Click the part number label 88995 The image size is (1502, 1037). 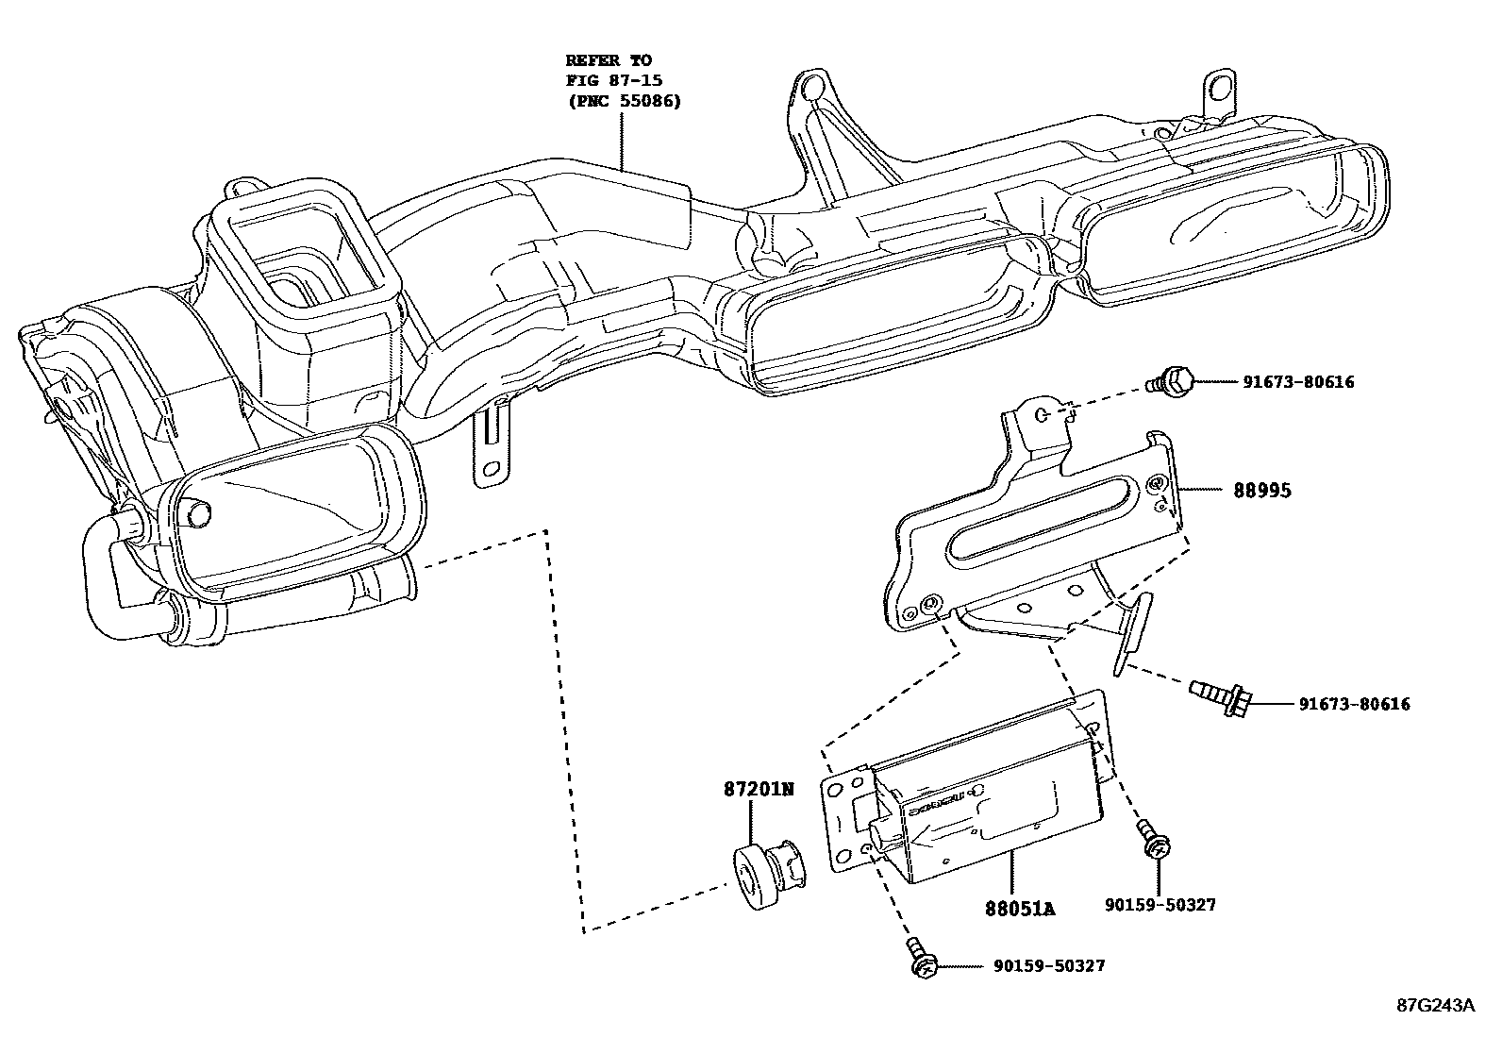pyautogui.click(x=1262, y=491)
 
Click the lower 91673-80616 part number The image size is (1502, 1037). pyautogui.click(x=1353, y=704)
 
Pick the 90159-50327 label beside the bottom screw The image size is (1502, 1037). pyautogui.click(x=1048, y=966)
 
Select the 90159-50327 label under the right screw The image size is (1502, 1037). pyautogui.click(x=1160, y=905)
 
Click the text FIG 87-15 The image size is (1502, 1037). pyautogui.click(x=614, y=80)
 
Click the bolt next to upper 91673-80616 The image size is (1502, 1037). pyautogui.click(x=1171, y=381)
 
